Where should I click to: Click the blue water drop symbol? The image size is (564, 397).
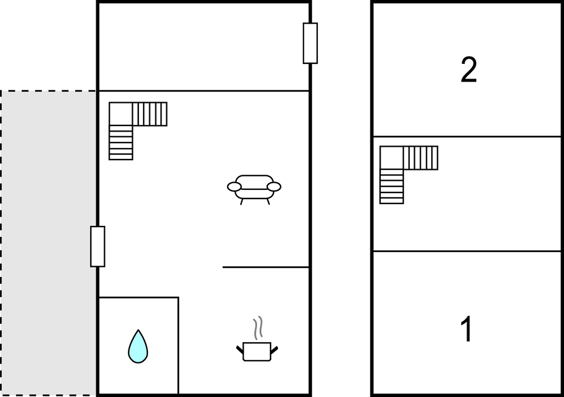click(x=138, y=346)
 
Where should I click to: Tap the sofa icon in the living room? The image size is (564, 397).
click(x=254, y=189)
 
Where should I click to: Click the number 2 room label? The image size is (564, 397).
click(x=468, y=70)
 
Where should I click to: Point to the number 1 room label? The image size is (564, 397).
click(x=467, y=329)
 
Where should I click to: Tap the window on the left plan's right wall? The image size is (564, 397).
click(x=310, y=43)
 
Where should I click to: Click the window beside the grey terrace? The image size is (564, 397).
click(x=97, y=247)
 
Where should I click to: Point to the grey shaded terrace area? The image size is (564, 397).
click(x=49, y=243)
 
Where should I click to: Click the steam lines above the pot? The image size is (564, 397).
click(x=258, y=328)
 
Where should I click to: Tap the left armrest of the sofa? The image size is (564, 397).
click(x=234, y=187)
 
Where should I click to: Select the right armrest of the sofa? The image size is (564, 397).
click(x=274, y=187)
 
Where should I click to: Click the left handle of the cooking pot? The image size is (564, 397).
click(x=239, y=349)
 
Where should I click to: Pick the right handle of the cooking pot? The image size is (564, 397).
click(x=274, y=349)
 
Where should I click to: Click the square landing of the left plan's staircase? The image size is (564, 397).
click(x=121, y=114)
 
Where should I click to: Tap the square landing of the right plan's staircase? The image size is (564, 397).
click(x=392, y=158)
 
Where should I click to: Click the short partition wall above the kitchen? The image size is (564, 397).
click(x=266, y=267)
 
